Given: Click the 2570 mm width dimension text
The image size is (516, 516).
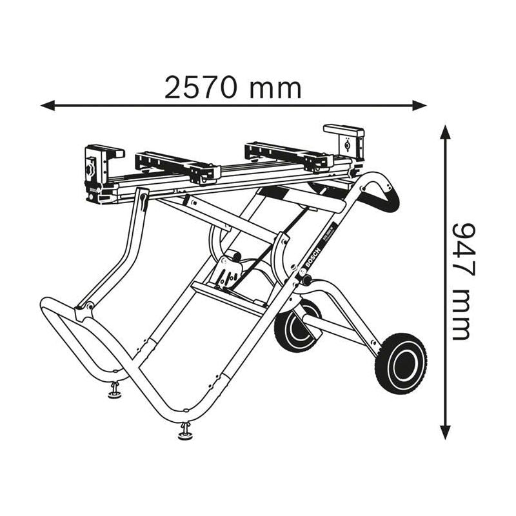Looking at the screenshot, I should [233, 87].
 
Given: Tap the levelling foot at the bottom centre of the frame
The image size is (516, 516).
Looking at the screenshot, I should [185, 430].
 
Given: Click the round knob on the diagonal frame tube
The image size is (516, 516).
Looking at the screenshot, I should [305, 281].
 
